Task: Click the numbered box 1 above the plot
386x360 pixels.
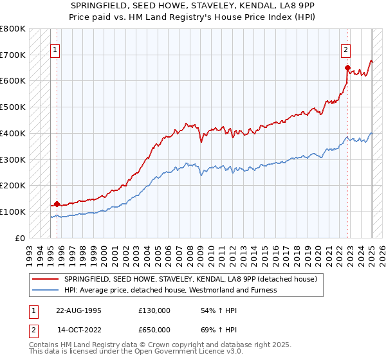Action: tap(55, 50)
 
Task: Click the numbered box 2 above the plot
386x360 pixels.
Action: tap(346, 50)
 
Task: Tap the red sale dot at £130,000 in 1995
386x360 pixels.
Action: tap(57, 204)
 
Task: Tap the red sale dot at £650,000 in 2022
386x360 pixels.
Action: tap(347, 67)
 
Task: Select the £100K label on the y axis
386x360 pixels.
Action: tap(13, 212)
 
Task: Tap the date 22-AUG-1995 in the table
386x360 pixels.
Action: tap(78, 310)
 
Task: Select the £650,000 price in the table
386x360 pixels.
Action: tap(154, 330)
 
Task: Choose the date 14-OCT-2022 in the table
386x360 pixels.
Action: tap(78, 330)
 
